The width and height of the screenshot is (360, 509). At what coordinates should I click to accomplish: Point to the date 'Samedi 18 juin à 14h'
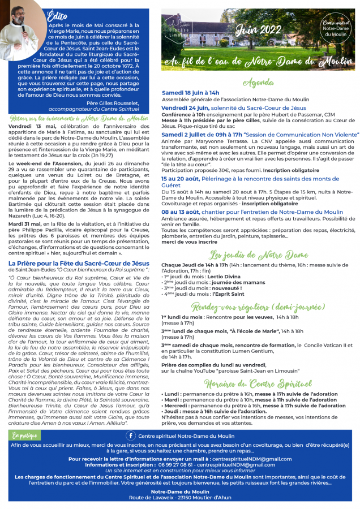pyautogui.click(x=190, y=92)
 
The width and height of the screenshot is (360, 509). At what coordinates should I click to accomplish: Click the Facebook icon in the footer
pyautogui.click(x=131, y=435)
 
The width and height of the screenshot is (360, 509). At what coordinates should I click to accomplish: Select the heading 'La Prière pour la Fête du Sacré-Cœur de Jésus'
pyautogui.click(x=79, y=263)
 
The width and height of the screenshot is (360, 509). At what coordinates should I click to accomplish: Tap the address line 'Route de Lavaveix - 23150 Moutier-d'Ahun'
pyautogui.click(x=179, y=497)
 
